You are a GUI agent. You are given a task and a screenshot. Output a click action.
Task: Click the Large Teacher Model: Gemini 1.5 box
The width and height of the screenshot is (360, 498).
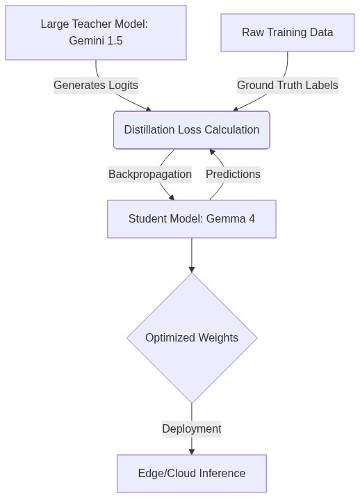click(96, 33)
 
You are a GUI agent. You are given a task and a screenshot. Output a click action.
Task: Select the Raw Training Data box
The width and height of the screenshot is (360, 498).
click(287, 33)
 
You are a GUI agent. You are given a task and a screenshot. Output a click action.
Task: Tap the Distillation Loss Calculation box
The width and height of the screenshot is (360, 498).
click(191, 130)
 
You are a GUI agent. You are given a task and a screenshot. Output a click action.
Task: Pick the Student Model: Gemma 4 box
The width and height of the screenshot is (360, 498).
click(191, 219)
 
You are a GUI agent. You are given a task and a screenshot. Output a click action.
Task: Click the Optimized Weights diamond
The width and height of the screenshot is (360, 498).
click(192, 338)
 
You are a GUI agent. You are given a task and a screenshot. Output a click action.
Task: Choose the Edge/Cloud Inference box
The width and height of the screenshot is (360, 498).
click(191, 474)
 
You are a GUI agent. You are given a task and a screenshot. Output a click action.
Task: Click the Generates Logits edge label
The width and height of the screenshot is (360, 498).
click(96, 86)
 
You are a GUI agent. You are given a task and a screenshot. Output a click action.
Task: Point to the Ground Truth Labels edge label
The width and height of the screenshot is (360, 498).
click(287, 86)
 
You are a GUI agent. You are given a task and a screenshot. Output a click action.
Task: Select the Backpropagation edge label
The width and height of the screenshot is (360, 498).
click(150, 175)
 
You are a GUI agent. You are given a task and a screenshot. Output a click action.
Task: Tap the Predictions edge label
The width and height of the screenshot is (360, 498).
click(233, 175)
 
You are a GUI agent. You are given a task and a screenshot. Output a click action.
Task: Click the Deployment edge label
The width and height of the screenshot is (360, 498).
click(191, 429)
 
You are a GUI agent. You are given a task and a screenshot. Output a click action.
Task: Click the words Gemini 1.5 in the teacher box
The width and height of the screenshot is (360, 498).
click(96, 41)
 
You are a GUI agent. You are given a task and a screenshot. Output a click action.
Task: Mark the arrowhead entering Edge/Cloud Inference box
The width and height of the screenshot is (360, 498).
click(192, 451)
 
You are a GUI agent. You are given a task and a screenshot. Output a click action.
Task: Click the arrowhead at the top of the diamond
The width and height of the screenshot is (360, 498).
click(192, 269)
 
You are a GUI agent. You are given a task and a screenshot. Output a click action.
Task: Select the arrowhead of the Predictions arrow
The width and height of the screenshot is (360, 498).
click(212, 152)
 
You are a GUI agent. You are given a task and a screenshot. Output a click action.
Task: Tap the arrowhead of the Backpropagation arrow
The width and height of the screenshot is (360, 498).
click(171, 197)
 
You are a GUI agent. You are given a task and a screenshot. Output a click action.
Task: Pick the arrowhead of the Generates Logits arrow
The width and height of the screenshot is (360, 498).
click(147, 109)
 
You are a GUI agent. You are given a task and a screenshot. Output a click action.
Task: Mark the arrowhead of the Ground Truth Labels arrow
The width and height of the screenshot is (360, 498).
click(236, 109)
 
